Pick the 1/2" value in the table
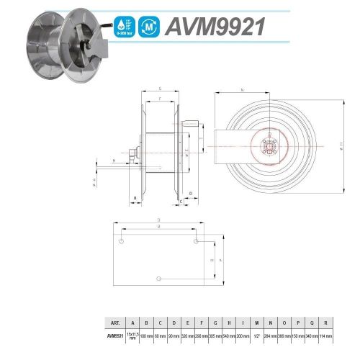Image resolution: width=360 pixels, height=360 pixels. point(256,336)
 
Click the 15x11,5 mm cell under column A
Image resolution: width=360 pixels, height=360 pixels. point(132,336)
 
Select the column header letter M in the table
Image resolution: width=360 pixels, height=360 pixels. point(256,323)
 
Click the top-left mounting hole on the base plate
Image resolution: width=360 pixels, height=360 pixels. point(122,240)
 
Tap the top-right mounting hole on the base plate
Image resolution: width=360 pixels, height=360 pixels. point(196,240)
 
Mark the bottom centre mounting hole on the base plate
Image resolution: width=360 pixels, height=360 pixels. point(159,277)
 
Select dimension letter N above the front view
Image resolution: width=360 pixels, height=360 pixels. point(243,90)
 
